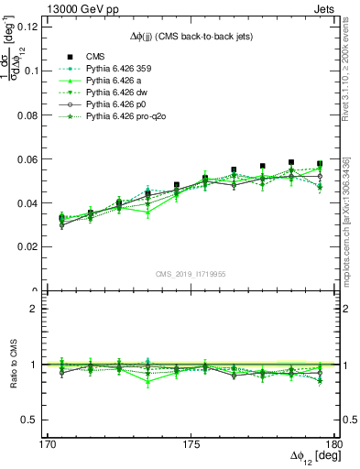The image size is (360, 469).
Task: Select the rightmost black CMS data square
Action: point(320,164)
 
